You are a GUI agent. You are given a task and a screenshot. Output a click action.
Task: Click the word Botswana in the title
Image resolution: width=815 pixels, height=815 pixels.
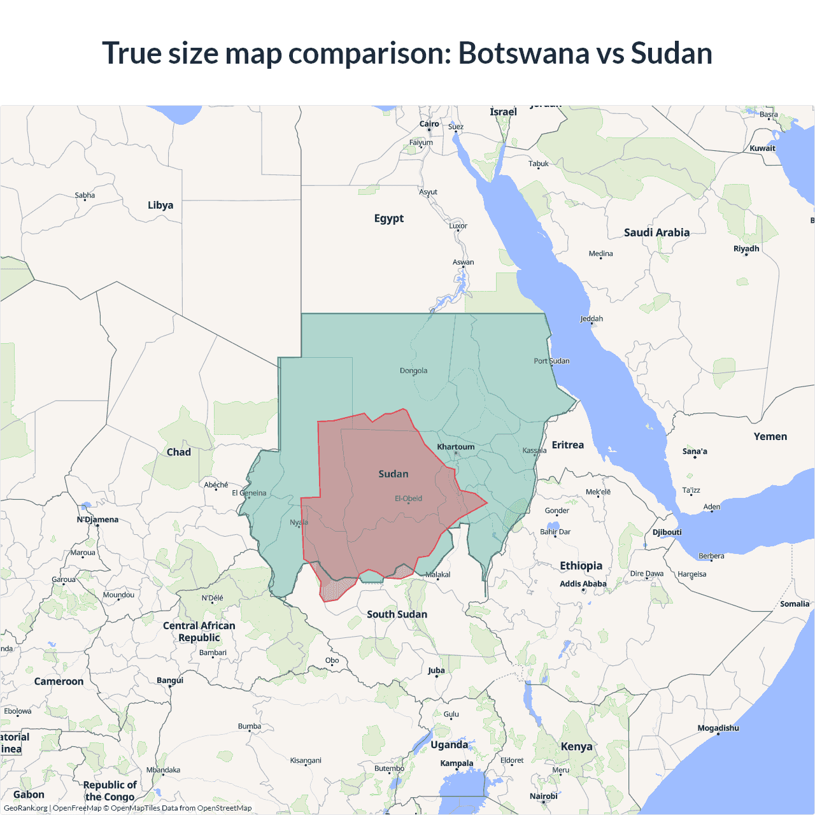click(523, 53)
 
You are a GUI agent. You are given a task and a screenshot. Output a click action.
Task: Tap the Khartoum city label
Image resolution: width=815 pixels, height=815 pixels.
click(456, 447)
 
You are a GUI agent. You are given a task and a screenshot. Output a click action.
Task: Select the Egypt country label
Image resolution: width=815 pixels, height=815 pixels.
click(388, 218)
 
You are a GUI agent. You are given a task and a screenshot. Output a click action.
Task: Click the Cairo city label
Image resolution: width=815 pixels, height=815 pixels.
click(429, 124)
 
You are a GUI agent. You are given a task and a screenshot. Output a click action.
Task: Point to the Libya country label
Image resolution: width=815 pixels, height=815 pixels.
click(160, 205)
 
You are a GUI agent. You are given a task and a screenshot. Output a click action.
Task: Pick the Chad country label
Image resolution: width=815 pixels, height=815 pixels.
click(179, 452)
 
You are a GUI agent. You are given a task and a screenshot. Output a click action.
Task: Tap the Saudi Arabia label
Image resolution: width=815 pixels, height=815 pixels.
click(656, 232)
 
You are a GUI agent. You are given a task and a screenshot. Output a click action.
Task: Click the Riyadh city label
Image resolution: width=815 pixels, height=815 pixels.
click(746, 248)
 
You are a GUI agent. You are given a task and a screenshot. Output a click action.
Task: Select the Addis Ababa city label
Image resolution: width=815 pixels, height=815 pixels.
click(583, 584)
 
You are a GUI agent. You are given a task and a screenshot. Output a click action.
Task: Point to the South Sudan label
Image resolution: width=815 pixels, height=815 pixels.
click(397, 614)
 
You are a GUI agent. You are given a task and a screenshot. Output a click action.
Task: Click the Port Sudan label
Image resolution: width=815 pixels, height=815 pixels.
click(551, 361)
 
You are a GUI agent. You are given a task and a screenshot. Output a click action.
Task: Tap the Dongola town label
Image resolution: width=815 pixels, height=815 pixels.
click(414, 371)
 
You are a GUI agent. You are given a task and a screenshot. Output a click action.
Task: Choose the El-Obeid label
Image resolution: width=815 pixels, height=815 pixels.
click(408, 499)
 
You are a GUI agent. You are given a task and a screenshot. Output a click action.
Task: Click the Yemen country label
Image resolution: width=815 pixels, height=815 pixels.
click(770, 436)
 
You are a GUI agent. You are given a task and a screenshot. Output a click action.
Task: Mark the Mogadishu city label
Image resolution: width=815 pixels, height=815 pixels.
click(718, 728)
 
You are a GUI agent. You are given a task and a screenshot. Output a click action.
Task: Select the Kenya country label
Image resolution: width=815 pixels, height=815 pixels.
click(576, 746)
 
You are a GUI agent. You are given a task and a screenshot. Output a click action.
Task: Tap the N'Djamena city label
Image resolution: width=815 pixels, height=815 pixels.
click(97, 520)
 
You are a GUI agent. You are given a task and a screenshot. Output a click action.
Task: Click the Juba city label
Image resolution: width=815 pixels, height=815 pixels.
click(436, 670)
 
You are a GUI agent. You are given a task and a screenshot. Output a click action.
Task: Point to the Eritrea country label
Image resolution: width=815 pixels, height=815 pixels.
click(568, 445)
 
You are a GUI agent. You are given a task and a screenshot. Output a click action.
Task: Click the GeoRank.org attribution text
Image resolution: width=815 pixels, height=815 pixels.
click(25, 808)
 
